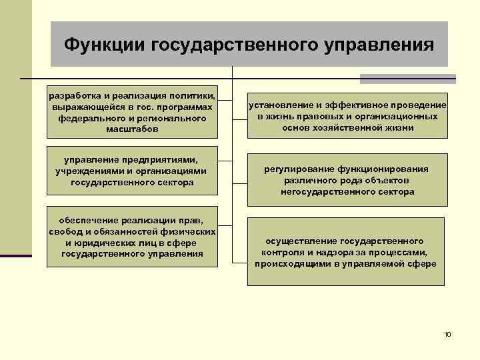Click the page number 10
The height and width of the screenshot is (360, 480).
pos(447,333)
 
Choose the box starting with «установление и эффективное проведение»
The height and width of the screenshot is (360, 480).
pos(347,116)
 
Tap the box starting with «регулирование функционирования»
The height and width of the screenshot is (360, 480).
pos(347,181)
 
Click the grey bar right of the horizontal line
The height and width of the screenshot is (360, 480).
pos(407,79)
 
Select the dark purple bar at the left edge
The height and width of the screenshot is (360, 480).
pos(15,255)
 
